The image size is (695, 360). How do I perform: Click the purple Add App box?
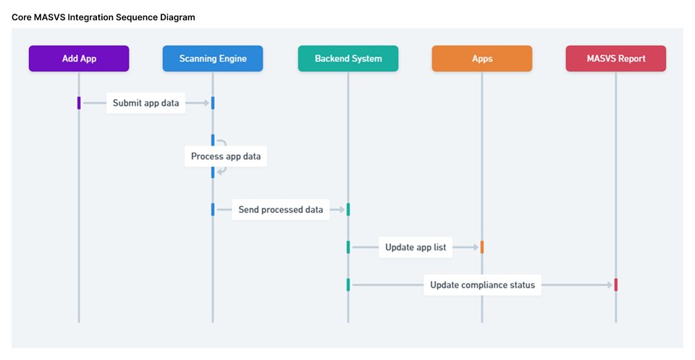pyautogui.click(x=79, y=59)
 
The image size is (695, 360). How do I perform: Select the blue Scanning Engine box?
pyautogui.click(x=213, y=59)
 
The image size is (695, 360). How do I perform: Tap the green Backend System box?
pyautogui.click(x=348, y=59)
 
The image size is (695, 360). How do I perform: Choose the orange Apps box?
pyautogui.click(x=482, y=59)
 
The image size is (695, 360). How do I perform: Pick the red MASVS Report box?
pyautogui.click(x=616, y=59)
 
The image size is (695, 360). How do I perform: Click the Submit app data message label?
pyautogui.click(x=146, y=103)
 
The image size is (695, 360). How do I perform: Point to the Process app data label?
pyautogui.click(x=226, y=156)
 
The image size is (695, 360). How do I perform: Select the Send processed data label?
pyautogui.click(x=281, y=210)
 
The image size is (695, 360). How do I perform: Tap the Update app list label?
pyautogui.click(x=416, y=247)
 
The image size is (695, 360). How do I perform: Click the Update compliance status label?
pyautogui.click(x=482, y=285)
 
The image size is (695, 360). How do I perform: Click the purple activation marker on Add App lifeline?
pyautogui.click(x=79, y=103)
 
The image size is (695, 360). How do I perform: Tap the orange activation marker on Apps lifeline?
pyautogui.click(x=482, y=247)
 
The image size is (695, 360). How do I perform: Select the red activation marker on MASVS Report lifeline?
pyautogui.click(x=616, y=285)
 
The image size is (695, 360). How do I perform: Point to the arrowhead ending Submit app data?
pyautogui.click(x=206, y=103)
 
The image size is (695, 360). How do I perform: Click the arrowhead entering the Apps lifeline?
pyautogui.click(x=476, y=247)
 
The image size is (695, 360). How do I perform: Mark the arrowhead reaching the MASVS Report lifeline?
pyautogui.click(x=610, y=285)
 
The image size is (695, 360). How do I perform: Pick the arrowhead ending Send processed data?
pyautogui.click(x=342, y=210)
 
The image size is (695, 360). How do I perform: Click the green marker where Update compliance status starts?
pyautogui.click(x=348, y=285)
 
